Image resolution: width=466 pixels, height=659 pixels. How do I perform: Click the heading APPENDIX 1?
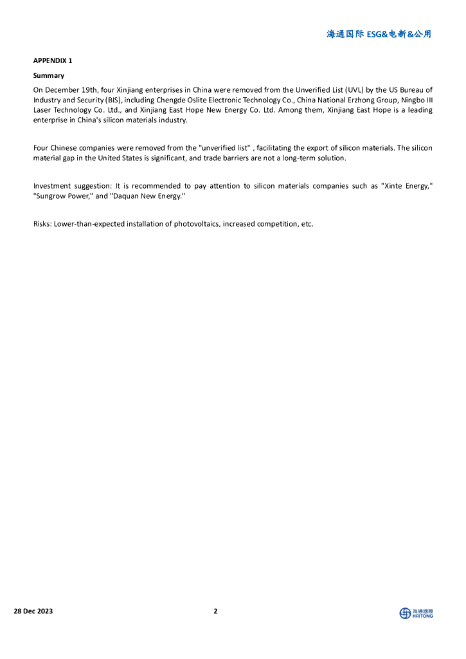point(53,60)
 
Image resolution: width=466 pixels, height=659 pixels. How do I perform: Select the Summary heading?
point(49,75)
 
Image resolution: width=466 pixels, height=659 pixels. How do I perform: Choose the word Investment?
point(52,186)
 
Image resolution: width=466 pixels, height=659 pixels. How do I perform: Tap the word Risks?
point(42,224)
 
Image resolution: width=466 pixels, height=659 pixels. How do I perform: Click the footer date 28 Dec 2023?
point(33,611)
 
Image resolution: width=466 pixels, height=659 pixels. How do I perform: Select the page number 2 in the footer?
point(215,611)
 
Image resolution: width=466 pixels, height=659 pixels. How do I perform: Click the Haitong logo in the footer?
point(416,613)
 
